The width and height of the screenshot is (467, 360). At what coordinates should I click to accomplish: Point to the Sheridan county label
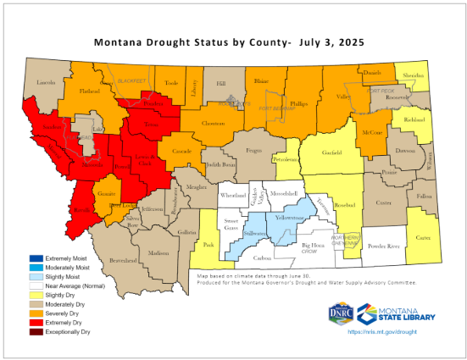(x=413, y=75)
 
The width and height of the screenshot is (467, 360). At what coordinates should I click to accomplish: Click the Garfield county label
(x=332, y=154)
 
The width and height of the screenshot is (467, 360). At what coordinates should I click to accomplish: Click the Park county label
(x=208, y=246)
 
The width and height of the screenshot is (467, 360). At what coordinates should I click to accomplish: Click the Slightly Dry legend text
(x=69, y=295)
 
